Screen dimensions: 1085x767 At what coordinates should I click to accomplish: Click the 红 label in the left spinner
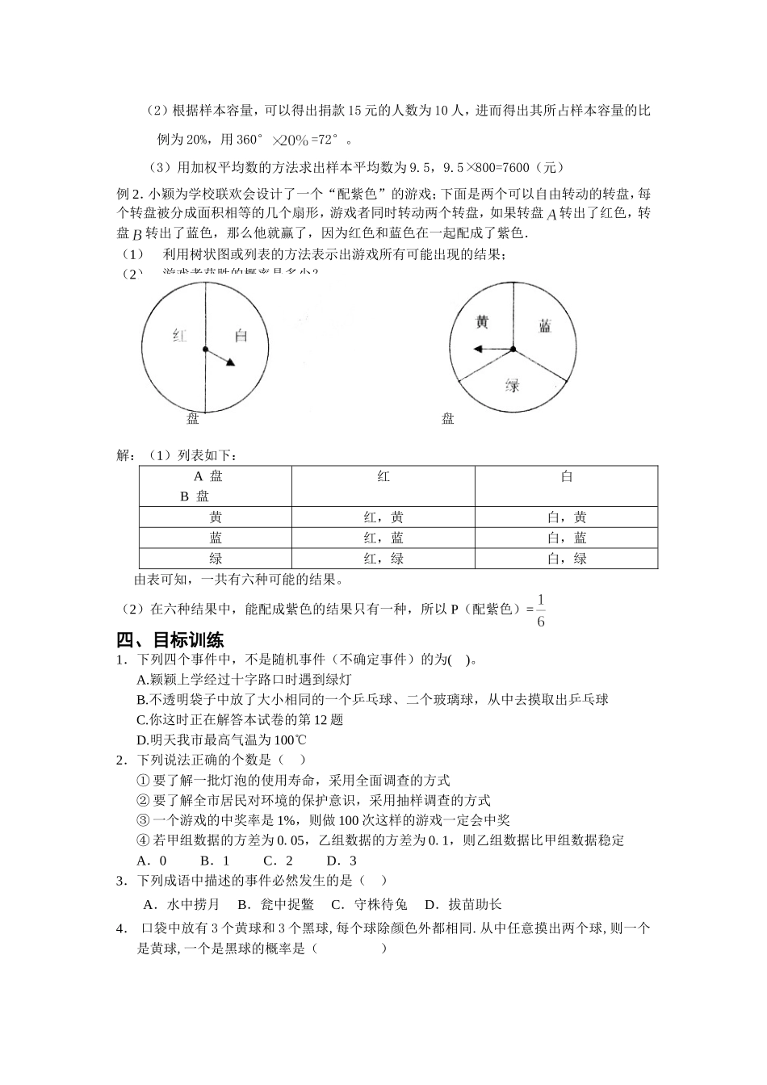(x=179, y=335)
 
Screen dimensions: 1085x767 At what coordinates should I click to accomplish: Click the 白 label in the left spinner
(x=241, y=335)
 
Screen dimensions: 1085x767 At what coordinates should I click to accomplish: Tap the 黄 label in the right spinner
(x=482, y=322)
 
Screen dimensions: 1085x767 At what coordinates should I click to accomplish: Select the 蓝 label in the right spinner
(x=545, y=325)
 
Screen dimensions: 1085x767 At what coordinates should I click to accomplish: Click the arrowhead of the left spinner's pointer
(x=231, y=362)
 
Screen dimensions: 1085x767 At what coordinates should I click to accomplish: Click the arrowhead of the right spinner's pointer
(x=478, y=350)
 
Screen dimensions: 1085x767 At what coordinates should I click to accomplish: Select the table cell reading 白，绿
(x=567, y=559)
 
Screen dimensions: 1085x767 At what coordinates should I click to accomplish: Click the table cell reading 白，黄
(x=567, y=517)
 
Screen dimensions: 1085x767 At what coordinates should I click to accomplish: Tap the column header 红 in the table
(x=383, y=477)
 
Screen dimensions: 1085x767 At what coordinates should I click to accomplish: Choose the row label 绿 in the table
(x=216, y=559)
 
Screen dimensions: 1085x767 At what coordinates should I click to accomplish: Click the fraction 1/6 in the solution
(x=540, y=610)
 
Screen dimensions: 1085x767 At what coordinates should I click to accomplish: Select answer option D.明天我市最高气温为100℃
(x=221, y=740)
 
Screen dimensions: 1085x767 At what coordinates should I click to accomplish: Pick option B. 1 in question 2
(x=216, y=861)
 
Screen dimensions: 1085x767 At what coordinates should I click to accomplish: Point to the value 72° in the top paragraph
(x=328, y=140)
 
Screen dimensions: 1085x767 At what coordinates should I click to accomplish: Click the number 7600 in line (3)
(x=515, y=168)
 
